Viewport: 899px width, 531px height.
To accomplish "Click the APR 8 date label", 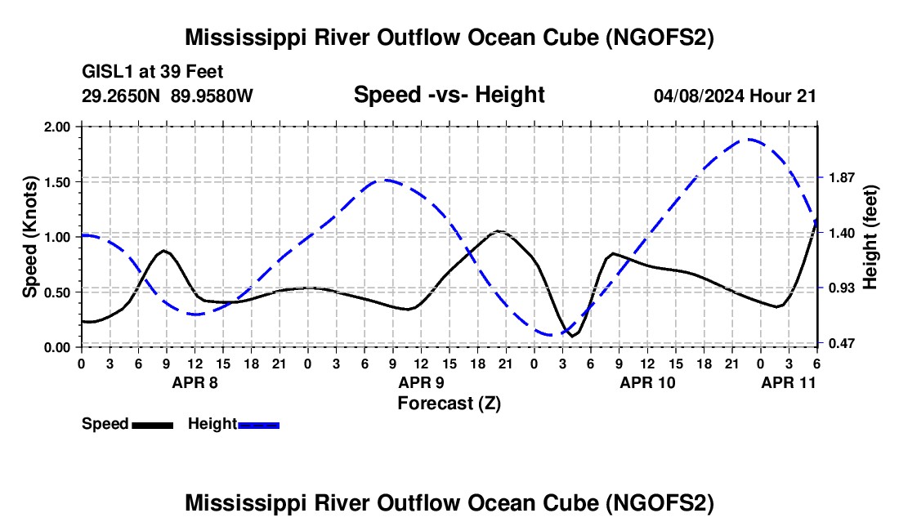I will (x=195, y=382).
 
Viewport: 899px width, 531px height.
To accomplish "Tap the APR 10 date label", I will (x=648, y=382).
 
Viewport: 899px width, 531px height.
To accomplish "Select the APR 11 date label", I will (x=789, y=382).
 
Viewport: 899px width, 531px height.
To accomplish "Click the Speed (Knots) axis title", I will (x=30, y=237).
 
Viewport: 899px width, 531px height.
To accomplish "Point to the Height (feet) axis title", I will (x=870, y=237).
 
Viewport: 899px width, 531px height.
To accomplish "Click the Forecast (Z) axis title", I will (x=449, y=403).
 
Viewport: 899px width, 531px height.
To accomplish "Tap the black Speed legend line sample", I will (x=152, y=424).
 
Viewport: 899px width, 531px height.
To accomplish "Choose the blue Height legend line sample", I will (x=259, y=424).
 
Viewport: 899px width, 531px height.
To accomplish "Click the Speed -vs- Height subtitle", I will (x=449, y=95).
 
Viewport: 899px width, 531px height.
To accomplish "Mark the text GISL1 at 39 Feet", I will (x=153, y=72).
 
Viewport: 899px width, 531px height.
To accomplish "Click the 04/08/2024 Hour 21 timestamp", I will (x=735, y=96).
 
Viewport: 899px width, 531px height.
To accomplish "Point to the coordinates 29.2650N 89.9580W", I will (x=168, y=96).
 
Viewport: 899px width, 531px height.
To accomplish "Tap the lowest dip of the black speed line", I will (x=574, y=335).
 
